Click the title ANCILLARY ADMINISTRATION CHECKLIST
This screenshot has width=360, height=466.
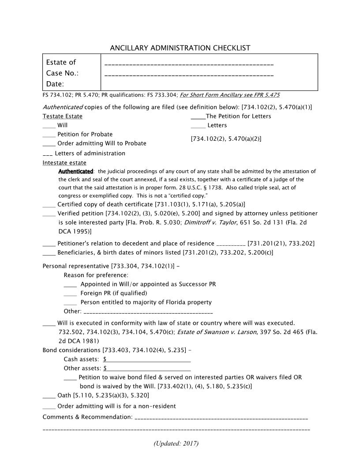coord(180,48)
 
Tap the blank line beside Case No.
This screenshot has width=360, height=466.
coord(189,75)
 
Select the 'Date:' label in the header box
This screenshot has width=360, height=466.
coord(55,84)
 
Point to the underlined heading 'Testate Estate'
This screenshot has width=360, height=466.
coord(62,116)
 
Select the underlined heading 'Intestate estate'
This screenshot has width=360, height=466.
coord(64,163)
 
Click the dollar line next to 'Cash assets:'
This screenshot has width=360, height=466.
coord(147,360)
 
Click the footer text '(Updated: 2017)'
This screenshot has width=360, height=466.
coord(176,443)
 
